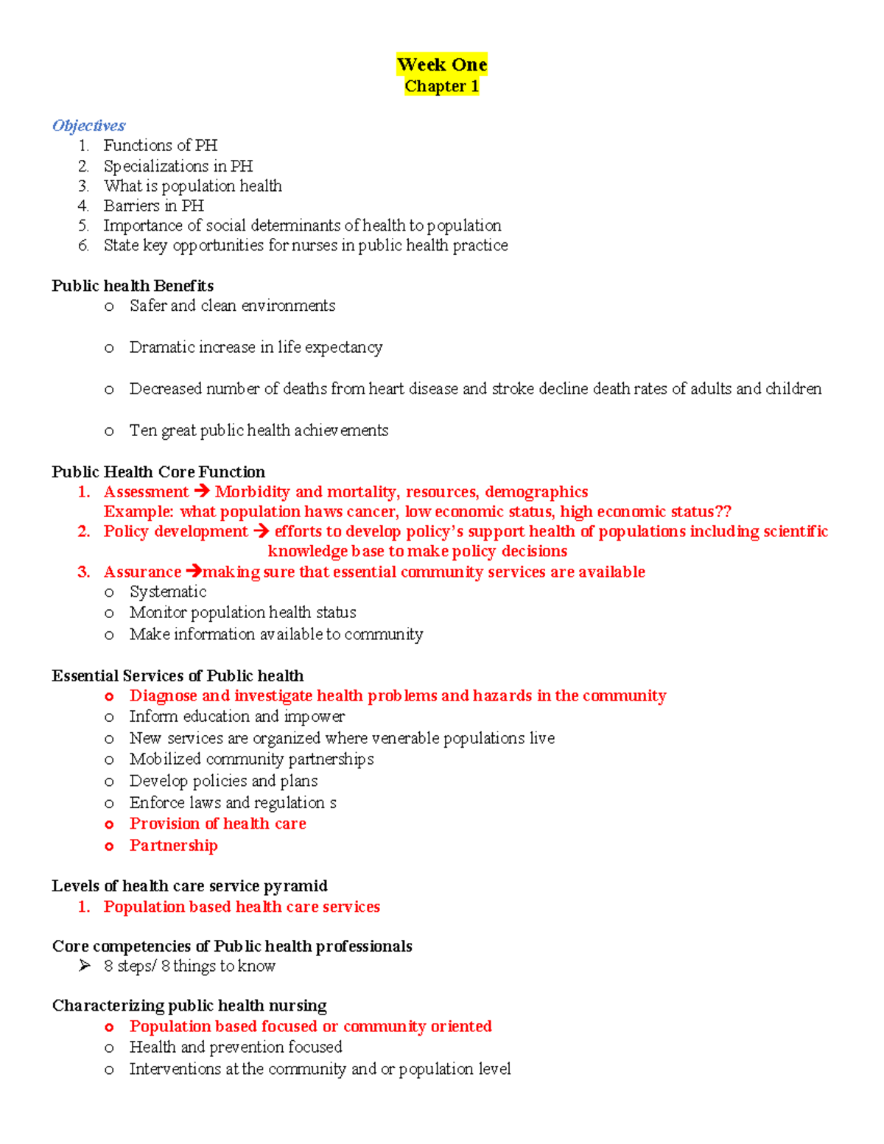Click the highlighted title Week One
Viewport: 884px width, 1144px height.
[441, 65]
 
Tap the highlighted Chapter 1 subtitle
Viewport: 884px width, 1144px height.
[441, 86]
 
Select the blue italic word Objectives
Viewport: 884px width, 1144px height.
[88, 125]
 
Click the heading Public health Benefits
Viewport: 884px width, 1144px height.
[133, 286]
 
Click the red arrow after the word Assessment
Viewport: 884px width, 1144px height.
[201, 491]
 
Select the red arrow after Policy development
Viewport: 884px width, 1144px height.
[261, 531]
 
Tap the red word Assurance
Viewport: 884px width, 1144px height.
[142, 572]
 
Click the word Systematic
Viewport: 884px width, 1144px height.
[167, 592]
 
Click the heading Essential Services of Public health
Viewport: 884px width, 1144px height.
[178, 675]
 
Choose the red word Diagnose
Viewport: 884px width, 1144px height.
[163, 696]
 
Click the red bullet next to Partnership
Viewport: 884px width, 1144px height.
[109, 846]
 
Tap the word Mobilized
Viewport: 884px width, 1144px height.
[164, 759]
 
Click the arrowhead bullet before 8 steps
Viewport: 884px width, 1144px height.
[85, 966]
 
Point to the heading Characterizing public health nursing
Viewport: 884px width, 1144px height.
[189, 1006]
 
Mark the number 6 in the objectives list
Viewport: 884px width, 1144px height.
[83, 245]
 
